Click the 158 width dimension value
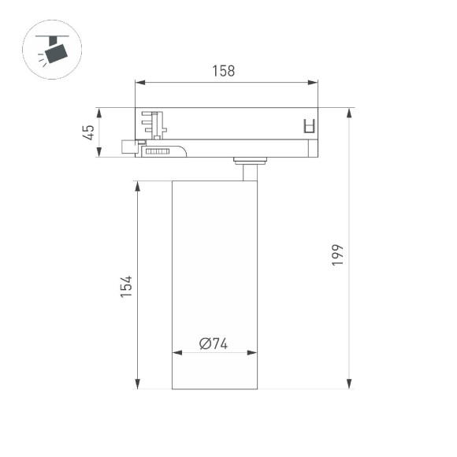click(x=223, y=71)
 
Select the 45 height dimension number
click(x=90, y=132)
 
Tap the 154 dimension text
click(x=125, y=287)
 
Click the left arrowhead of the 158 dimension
click(x=139, y=81)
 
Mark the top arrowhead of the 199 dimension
click(x=347, y=111)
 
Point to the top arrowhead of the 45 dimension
click(x=98, y=111)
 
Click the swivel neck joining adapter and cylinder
click(x=249, y=169)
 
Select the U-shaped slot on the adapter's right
click(x=310, y=126)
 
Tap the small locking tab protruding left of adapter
click(x=127, y=147)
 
